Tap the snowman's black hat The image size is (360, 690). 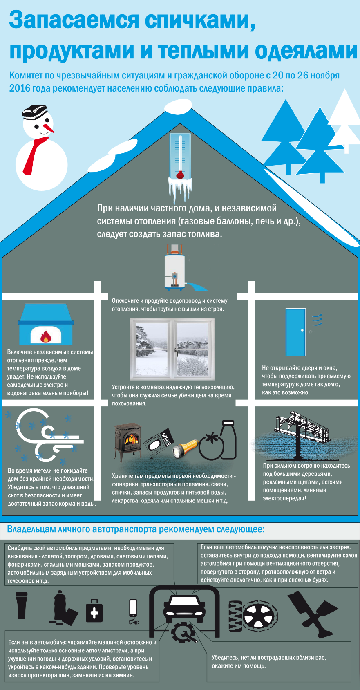pos(34,112)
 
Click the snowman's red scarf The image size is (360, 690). pos(35,155)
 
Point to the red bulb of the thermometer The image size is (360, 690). pos(180,175)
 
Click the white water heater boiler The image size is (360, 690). pos(174,267)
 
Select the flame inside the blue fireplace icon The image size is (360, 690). pos(46,336)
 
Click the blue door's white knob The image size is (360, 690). pos(302,330)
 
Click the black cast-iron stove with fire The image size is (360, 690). pos(128,442)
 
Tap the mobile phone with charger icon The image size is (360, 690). pos(133,612)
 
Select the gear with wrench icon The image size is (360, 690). pos(183,632)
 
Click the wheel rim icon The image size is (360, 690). pos(260,616)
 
